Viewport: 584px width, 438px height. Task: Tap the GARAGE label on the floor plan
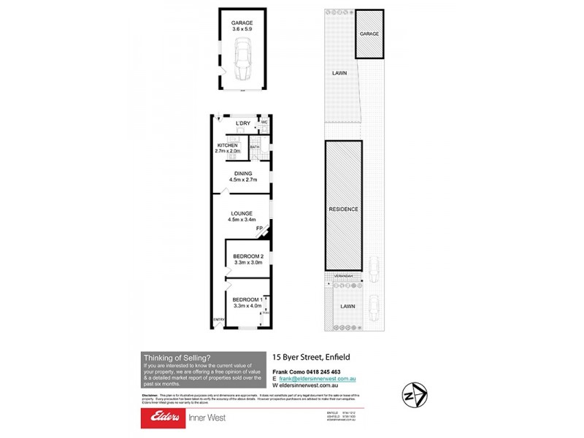(x=242, y=23)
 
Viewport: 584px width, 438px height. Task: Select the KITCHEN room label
(x=228, y=145)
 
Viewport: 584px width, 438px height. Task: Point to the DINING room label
(x=243, y=173)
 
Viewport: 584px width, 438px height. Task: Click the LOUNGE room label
(x=242, y=213)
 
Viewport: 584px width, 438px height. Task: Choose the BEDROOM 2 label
(x=248, y=256)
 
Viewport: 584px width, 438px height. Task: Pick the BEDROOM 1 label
(x=247, y=300)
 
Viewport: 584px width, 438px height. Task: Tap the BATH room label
(x=255, y=147)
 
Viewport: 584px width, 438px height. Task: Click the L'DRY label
(x=242, y=123)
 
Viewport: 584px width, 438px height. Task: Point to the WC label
(x=265, y=123)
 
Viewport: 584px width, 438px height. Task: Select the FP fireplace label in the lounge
(x=258, y=229)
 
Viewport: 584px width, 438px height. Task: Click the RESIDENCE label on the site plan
(x=343, y=209)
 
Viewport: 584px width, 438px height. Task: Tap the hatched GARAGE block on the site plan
(x=369, y=34)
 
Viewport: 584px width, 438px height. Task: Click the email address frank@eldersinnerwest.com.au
(x=317, y=379)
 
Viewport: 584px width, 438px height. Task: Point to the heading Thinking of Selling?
(x=177, y=358)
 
